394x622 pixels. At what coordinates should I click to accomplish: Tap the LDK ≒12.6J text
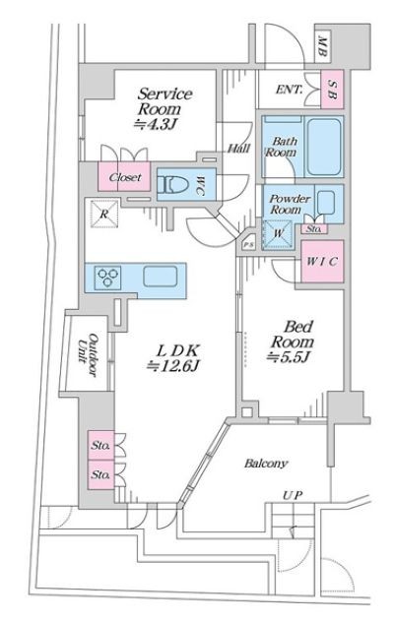point(172,358)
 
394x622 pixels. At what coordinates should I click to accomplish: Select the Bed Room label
point(292,342)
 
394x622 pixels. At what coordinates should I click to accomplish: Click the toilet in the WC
point(172,184)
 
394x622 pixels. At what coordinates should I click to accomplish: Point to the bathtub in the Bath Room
point(324,148)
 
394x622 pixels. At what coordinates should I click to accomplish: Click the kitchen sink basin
point(160,277)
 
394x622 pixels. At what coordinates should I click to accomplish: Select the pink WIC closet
point(322,262)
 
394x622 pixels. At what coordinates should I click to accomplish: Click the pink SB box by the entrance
point(332,90)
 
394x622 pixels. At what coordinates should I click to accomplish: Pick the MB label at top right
point(322,46)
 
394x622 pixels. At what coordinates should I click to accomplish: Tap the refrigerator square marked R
point(104,215)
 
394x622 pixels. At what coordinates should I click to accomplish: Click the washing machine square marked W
point(278,233)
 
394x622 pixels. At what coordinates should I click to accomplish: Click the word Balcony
point(266,463)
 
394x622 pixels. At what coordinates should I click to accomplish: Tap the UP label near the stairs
point(293,495)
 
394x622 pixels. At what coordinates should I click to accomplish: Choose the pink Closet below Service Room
point(124,176)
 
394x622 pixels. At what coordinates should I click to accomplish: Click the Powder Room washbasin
point(327,202)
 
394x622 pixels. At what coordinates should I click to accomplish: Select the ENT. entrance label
point(289,90)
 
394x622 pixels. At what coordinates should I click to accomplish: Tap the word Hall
point(238,149)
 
